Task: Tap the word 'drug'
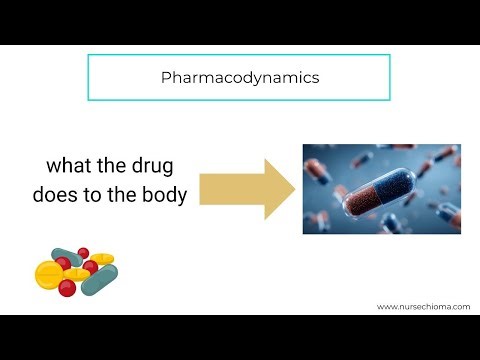160,165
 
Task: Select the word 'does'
56,195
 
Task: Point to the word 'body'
165,195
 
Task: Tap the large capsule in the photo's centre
385,189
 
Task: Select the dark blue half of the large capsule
404,180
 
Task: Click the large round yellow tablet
49,275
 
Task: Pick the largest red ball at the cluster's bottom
68,289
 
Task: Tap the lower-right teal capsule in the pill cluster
100,279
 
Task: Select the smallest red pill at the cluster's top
83,252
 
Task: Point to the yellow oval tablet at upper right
102,259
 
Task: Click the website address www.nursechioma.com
423,307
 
